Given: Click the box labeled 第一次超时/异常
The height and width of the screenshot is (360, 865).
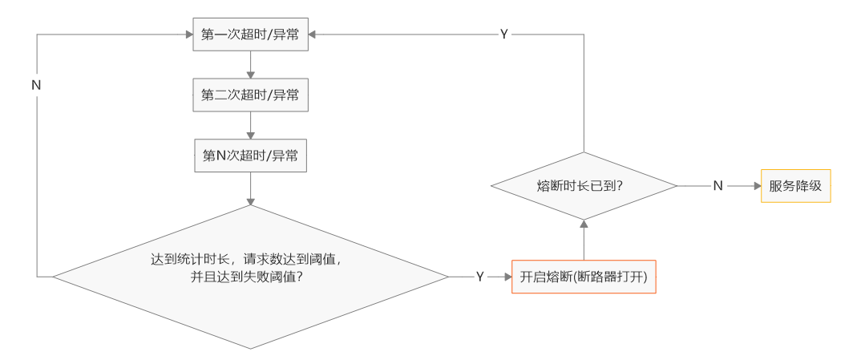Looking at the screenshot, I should coord(250,35).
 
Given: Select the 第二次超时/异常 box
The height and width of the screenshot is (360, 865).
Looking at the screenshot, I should coord(250,95).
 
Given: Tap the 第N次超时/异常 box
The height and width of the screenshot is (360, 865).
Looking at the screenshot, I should coord(250,155).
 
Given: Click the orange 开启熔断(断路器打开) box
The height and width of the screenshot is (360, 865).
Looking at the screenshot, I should coord(584,277).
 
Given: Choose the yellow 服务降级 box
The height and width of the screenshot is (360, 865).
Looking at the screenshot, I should coord(795,185).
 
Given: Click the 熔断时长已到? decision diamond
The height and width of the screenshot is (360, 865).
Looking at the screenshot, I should coord(584,185).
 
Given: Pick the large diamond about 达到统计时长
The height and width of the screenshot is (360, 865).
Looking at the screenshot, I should coord(250,277).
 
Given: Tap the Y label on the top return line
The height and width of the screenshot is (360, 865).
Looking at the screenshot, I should coord(503,34).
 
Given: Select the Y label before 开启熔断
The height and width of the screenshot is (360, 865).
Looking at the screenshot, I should coord(479,277).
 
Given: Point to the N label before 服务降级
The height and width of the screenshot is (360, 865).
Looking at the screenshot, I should coord(718,185).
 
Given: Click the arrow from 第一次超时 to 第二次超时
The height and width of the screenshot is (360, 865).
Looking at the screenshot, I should coord(251,64).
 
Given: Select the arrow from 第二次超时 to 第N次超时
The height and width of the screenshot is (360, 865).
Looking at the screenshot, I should coord(251,124).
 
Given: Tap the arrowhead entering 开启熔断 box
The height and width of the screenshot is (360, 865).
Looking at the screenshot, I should coord(507,277).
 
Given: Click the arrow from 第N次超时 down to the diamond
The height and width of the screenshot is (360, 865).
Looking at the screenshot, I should coord(251,188).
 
